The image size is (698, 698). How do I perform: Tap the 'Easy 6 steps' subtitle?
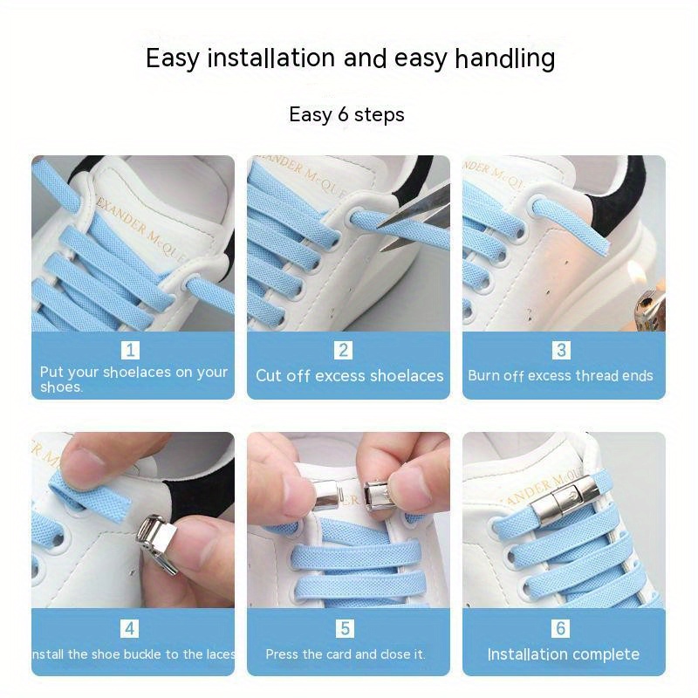(x=346, y=114)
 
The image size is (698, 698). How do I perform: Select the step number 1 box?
(x=131, y=350)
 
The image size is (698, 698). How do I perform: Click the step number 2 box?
(x=344, y=350)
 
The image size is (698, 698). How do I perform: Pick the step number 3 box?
(x=561, y=350)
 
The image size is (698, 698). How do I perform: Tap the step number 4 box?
(x=131, y=628)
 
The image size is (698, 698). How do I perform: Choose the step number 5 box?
(x=344, y=628)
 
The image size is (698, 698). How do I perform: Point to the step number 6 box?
(x=561, y=628)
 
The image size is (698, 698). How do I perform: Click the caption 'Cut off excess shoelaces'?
(x=349, y=376)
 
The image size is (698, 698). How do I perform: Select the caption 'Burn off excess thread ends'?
(x=560, y=376)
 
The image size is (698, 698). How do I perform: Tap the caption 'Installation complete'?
(x=563, y=654)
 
